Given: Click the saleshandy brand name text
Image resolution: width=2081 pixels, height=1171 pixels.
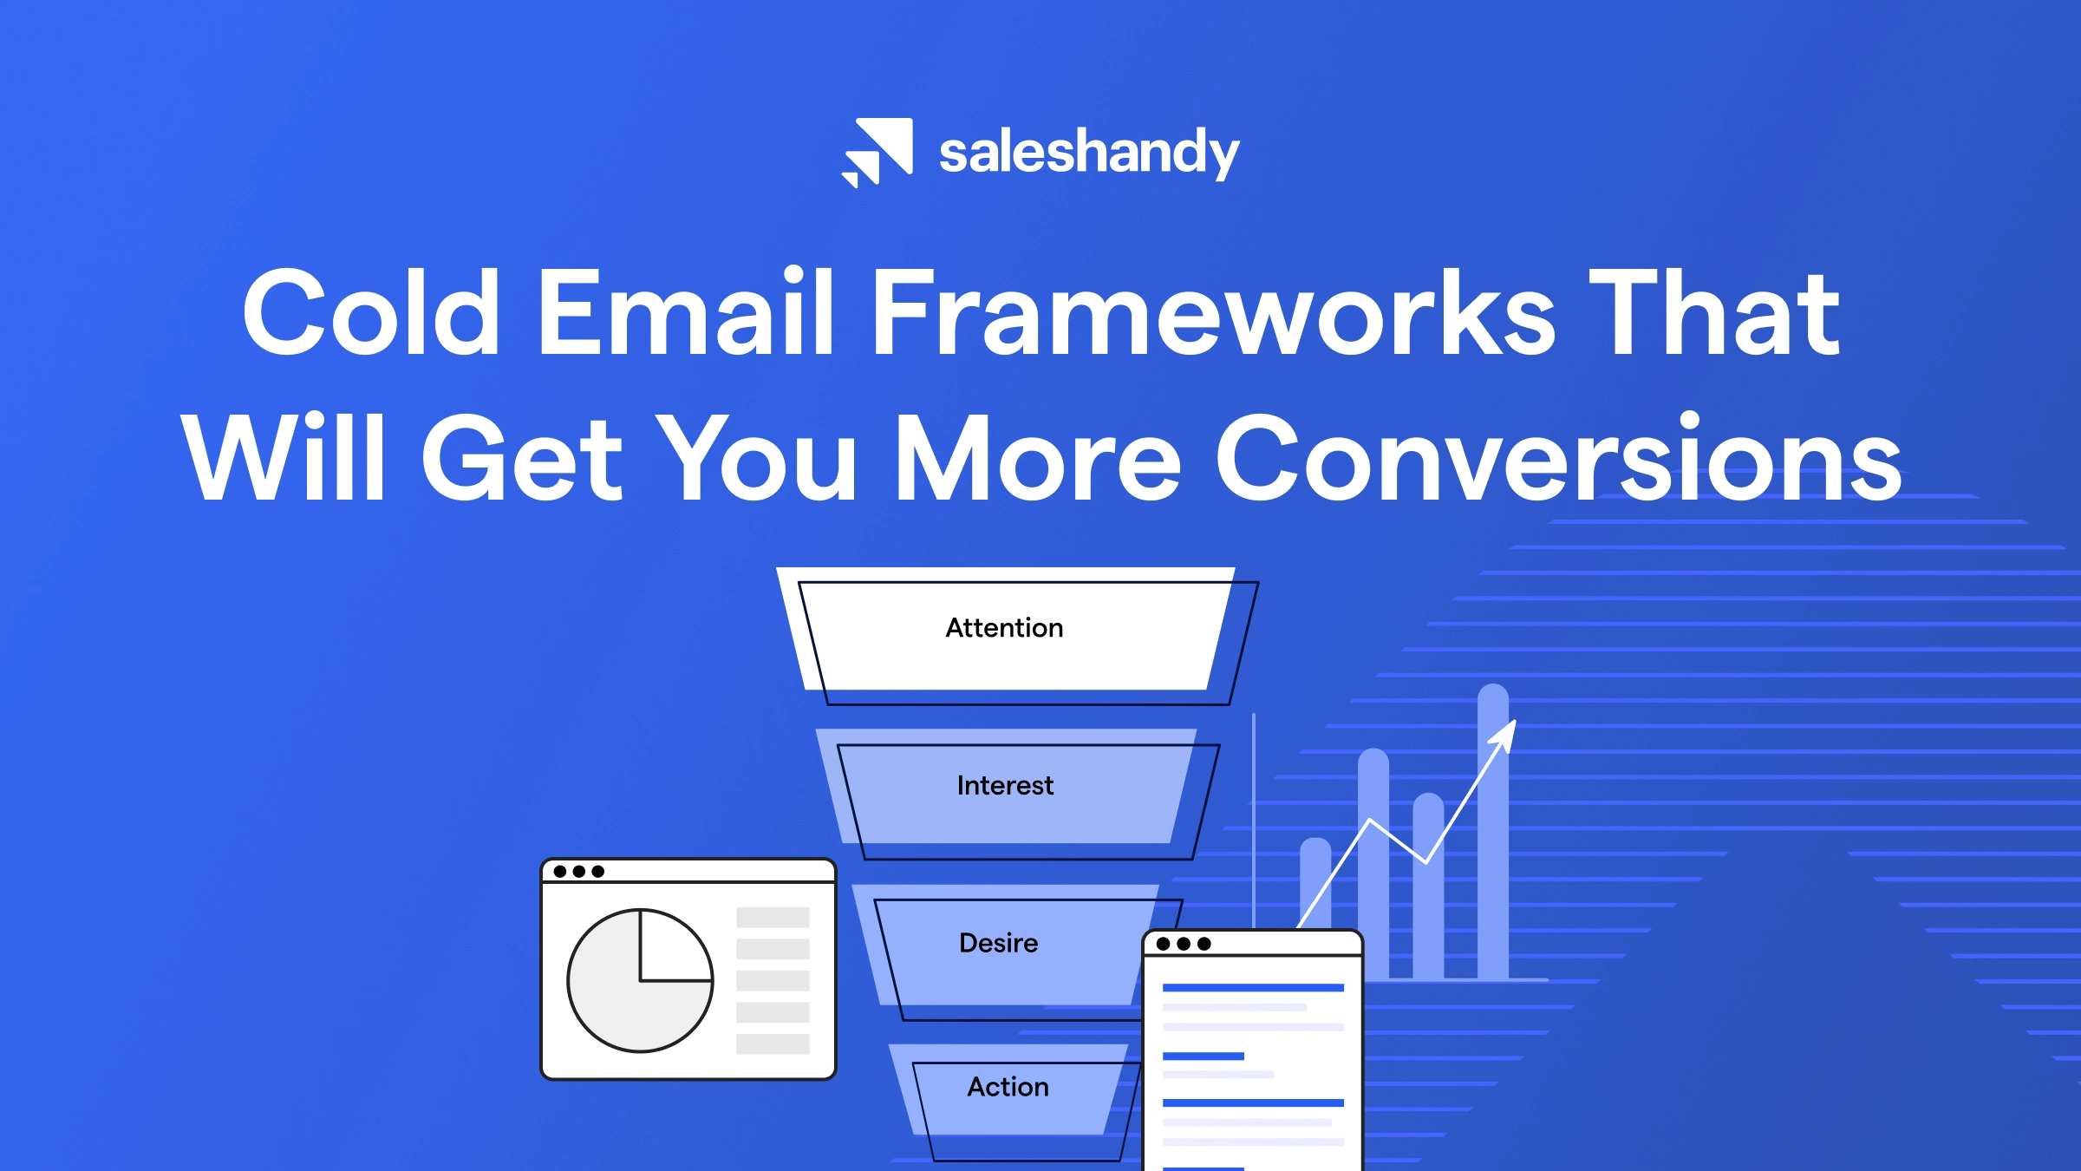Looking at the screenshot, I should pyautogui.click(x=1089, y=153).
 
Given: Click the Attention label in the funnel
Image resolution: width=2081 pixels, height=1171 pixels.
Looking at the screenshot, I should pyautogui.click(x=1004, y=628).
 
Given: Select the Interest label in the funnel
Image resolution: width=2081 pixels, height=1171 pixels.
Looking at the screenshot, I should pyautogui.click(x=1005, y=786).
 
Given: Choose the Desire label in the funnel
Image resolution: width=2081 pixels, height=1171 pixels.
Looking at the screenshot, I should pyautogui.click(x=998, y=943).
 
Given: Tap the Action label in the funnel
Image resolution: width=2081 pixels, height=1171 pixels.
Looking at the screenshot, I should pyautogui.click(x=1008, y=1087).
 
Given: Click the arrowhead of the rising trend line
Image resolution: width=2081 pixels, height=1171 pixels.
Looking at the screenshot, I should pyautogui.click(x=1505, y=734).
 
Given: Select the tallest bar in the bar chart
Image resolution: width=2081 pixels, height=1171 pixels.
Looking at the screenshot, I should pyautogui.click(x=1493, y=833).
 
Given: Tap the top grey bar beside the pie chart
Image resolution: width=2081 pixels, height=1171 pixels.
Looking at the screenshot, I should pyautogui.click(x=773, y=918).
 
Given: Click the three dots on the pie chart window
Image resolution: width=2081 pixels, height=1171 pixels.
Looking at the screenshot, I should pyautogui.click(x=578, y=871).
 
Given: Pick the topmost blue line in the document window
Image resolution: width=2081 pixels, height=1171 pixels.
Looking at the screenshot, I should pyautogui.click(x=1253, y=988).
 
